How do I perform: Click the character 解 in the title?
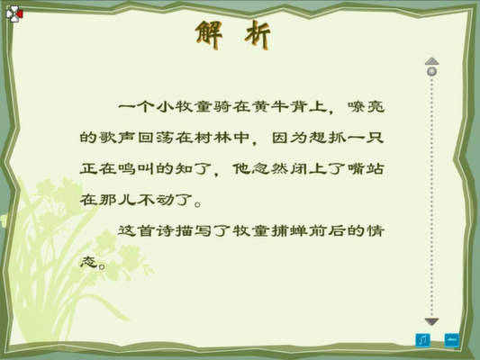(209, 34)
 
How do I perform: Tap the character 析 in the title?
(258, 35)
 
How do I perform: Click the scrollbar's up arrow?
(431, 61)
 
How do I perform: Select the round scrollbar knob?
(431, 72)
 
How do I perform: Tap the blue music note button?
(422, 340)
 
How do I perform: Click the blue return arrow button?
(452, 340)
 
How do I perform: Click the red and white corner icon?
(14, 14)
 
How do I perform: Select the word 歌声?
(107, 138)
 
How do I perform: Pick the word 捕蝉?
(289, 230)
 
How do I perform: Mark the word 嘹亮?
(366, 107)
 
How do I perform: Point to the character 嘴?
(356, 168)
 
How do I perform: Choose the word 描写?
(193, 230)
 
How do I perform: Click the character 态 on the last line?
(88, 262)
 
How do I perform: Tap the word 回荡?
(155, 138)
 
